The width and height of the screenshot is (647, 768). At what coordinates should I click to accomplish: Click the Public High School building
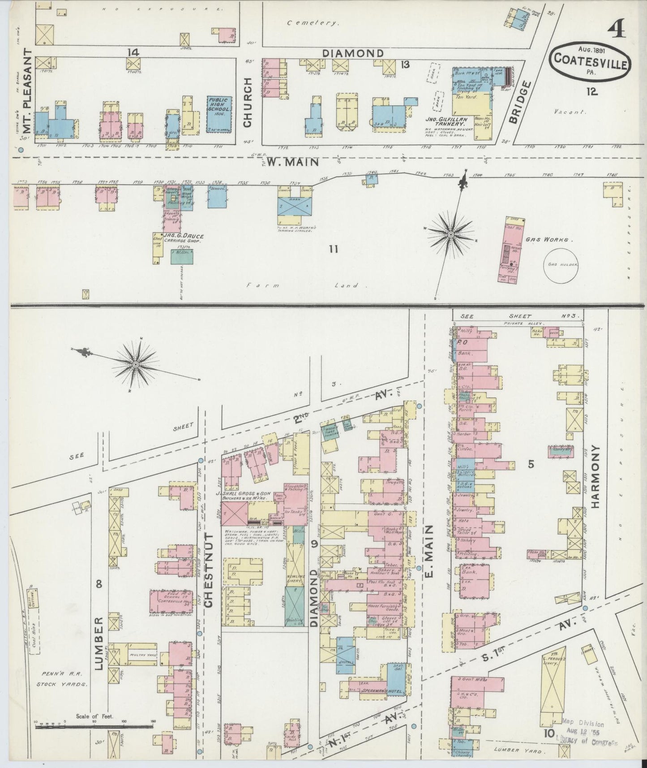point(218,114)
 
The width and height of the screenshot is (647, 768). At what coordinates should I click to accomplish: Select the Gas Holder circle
point(561,264)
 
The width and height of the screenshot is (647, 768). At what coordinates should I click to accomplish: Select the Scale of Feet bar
point(94,725)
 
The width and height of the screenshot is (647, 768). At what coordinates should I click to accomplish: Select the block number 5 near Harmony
point(531,465)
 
